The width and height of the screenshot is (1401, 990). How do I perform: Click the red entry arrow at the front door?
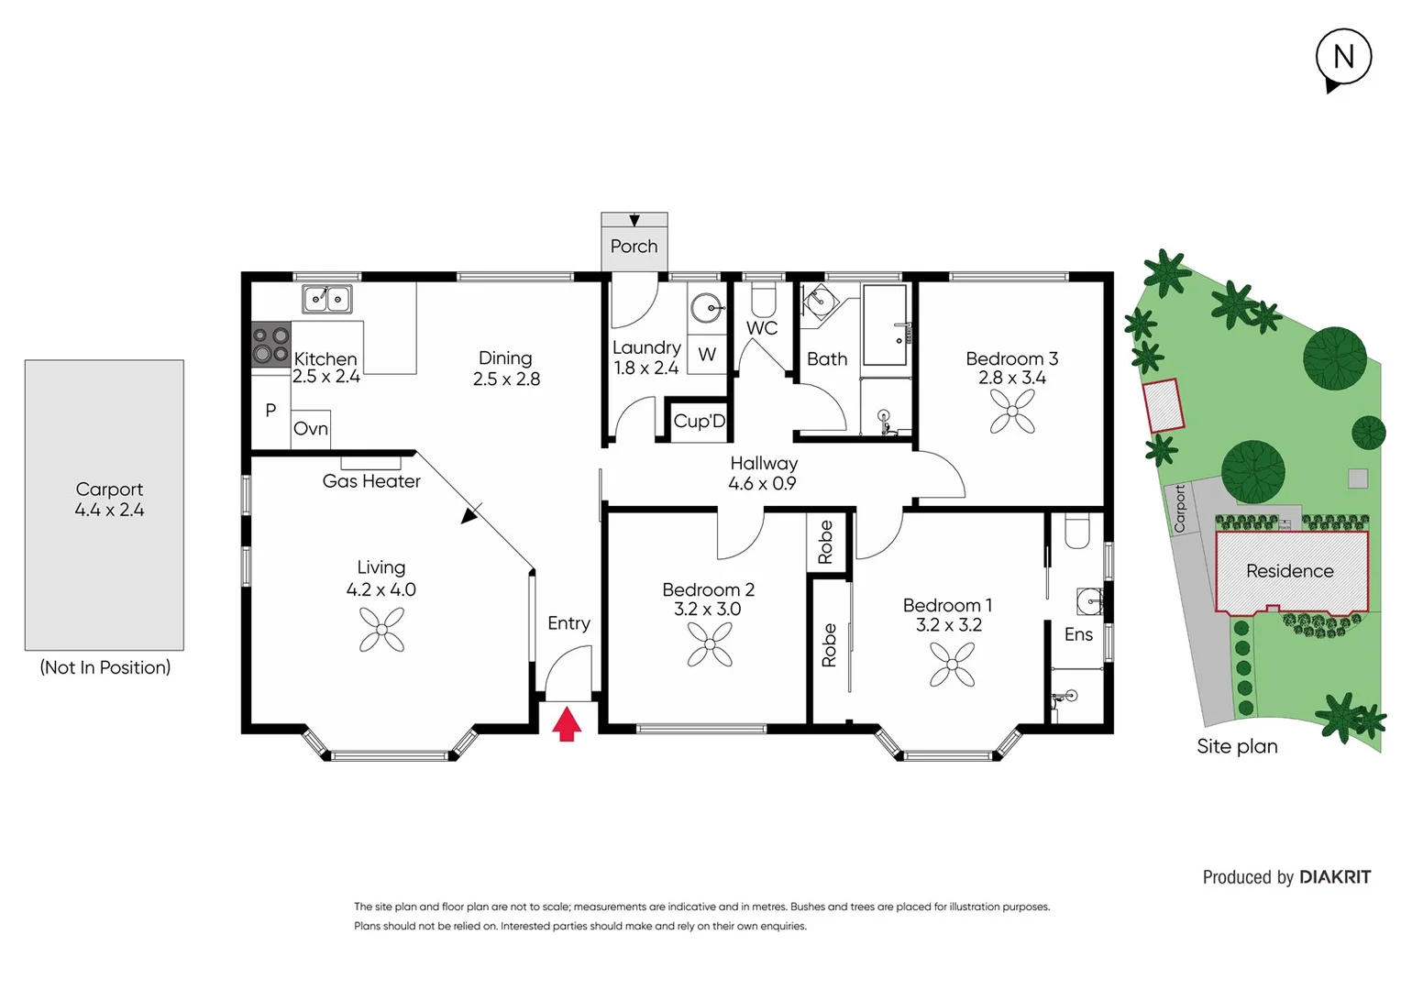point(567,723)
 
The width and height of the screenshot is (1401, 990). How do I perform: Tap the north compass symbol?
point(1343,58)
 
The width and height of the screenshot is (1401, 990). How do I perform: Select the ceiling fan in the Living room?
point(381,630)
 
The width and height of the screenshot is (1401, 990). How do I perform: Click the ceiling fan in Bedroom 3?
point(1012,412)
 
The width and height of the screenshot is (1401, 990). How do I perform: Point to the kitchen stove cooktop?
point(270,346)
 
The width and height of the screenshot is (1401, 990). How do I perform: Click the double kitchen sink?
point(327,299)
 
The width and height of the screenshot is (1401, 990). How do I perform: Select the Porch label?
point(634,247)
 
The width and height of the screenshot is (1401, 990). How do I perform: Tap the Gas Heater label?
point(371,481)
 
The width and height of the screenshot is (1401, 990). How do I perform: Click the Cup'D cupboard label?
point(699,422)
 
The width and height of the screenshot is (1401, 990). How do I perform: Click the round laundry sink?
point(707,308)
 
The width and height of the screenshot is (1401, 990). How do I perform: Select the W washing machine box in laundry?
point(707,355)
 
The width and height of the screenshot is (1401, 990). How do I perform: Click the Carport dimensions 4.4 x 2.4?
point(109,511)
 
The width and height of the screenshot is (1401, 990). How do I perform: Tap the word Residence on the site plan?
point(1289,571)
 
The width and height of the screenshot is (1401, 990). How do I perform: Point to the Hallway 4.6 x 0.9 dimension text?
point(762,484)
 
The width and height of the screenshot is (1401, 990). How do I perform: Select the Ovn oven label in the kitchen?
point(311,429)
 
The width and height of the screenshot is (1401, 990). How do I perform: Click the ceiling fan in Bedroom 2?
point(710,644)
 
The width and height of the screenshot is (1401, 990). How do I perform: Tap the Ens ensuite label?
point(1078,634)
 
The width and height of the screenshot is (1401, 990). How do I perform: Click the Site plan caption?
point(1237,746)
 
